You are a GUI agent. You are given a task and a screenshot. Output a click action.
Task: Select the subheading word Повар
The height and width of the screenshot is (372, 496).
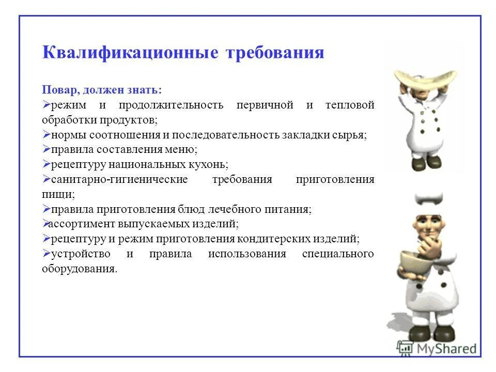[x=59, y=90]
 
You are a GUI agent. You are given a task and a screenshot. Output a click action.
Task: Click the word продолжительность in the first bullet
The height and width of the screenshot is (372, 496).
[x=171, y=105]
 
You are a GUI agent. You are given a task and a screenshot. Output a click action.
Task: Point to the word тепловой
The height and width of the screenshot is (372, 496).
[x=350, y=105]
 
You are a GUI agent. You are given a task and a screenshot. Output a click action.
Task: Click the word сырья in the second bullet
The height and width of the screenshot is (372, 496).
[x=352, y=135]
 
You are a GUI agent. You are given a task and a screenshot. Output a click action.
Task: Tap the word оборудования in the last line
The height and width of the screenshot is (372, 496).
[x=79, y=269]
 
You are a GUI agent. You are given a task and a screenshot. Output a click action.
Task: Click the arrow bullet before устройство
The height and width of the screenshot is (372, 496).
[x=46, y=254]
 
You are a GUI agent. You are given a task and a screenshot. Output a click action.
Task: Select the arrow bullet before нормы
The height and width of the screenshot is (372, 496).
[x=46, y=135]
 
